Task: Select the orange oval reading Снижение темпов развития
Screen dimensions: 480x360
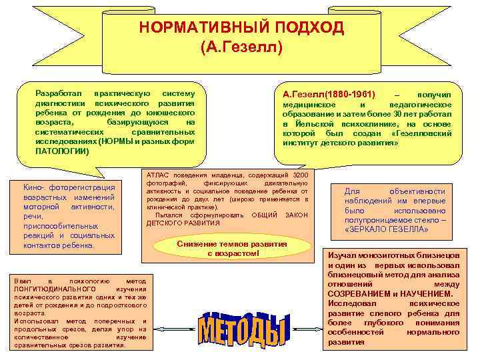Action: [232, 249]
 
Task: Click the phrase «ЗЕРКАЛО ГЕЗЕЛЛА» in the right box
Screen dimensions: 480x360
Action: [387, 229]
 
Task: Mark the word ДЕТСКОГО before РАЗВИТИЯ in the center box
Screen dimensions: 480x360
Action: [165, 223]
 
